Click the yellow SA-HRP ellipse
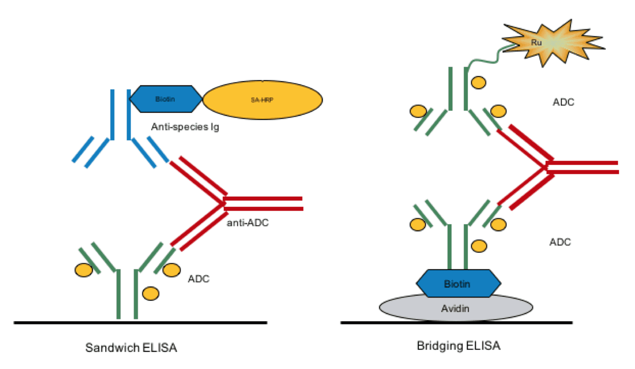point(263,100)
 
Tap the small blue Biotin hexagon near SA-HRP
point(165,99)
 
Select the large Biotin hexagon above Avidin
point(458,283)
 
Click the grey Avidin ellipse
point(456,309)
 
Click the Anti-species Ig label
point(185,127)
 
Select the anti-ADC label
point(247,223)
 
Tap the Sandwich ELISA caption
point(131,348)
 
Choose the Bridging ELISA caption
point(458,345)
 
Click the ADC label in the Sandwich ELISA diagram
point(199,279)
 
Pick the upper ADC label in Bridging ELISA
point(563,102)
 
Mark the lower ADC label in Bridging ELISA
point(560,242)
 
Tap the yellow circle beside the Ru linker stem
point(478,82)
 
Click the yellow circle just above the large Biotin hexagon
point(479,246)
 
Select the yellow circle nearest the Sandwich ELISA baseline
point(150,293)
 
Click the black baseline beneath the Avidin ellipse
point(456,323)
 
